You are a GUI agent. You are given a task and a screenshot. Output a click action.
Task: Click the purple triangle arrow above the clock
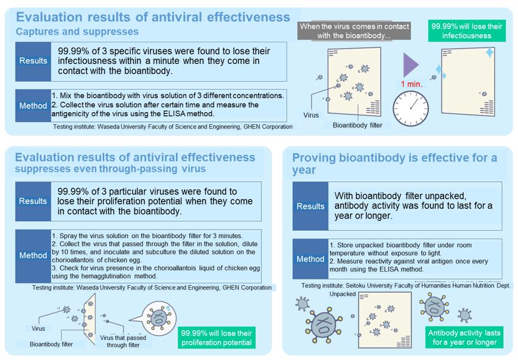[x=410, y=65]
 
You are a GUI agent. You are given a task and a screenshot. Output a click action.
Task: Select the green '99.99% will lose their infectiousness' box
[x=466, y=31]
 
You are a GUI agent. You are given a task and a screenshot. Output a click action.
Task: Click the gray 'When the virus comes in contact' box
[x=354, y=31]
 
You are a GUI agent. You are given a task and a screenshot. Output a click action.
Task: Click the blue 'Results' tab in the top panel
[x=33, y=61]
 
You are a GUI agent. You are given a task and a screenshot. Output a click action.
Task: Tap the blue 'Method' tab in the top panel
[x=33, y=105]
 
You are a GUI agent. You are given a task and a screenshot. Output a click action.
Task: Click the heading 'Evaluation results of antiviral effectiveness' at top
[x=152, y=16]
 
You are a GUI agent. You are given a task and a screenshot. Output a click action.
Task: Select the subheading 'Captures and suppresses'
[x=77, y=31]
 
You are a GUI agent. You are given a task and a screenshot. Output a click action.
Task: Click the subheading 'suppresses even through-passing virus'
[x=111, y=169]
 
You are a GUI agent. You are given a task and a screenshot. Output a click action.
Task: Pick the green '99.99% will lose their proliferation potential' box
[x=216, y=338]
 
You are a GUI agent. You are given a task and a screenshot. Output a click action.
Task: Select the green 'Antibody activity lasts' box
[x=464, y=337]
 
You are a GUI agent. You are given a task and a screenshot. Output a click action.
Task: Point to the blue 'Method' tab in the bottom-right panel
[x=310, y=259]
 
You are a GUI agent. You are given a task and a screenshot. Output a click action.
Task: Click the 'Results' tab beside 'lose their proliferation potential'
[x=33, y=201]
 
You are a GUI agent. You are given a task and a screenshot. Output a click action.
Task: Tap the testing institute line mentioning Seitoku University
[x=406, y=285]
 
